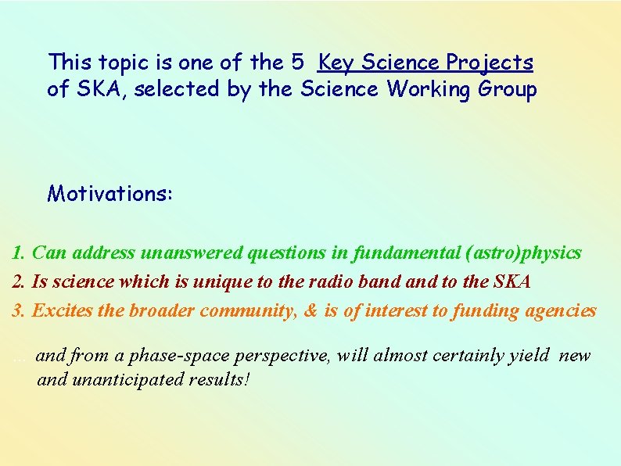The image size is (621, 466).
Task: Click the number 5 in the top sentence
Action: pyautogui.click(x=305, y=62)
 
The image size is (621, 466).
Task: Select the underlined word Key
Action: pyautogui.click(x=337, y=63)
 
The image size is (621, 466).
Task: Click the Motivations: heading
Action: pyautogui.click(x=110, y=193)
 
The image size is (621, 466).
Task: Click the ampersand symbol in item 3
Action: pyautogui.click(x=310, y=311)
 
